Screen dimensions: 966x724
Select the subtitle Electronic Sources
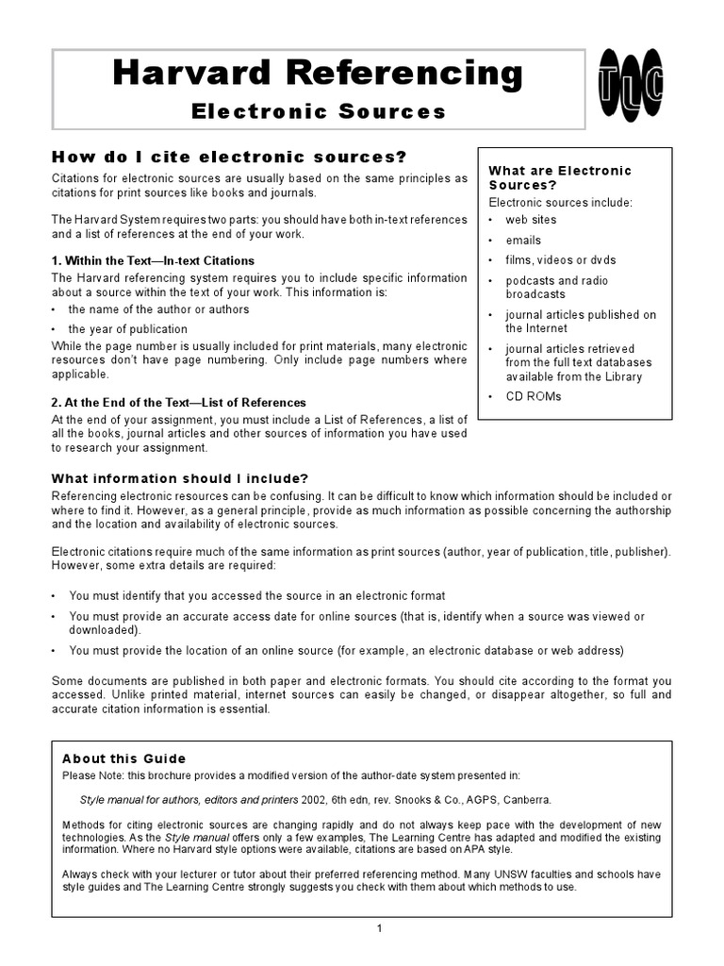(x=318, y=112)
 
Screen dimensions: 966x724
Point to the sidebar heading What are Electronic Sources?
(x=559, y=177)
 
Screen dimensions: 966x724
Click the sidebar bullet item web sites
(x=531, y=220)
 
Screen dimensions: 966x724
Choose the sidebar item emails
(x=523, y=241)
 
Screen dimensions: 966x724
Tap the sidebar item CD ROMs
(x=533, y=396)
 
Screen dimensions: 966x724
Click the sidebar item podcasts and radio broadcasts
(x=556, y=287)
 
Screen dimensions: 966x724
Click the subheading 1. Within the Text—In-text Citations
(x=153, y=260)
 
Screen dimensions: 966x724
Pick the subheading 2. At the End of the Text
(x=178, y=403)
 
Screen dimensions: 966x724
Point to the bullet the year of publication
(x=127, y=329)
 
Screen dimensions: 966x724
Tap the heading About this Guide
(x=123, y=758)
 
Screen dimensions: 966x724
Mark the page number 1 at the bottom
(x=379, y=928)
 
